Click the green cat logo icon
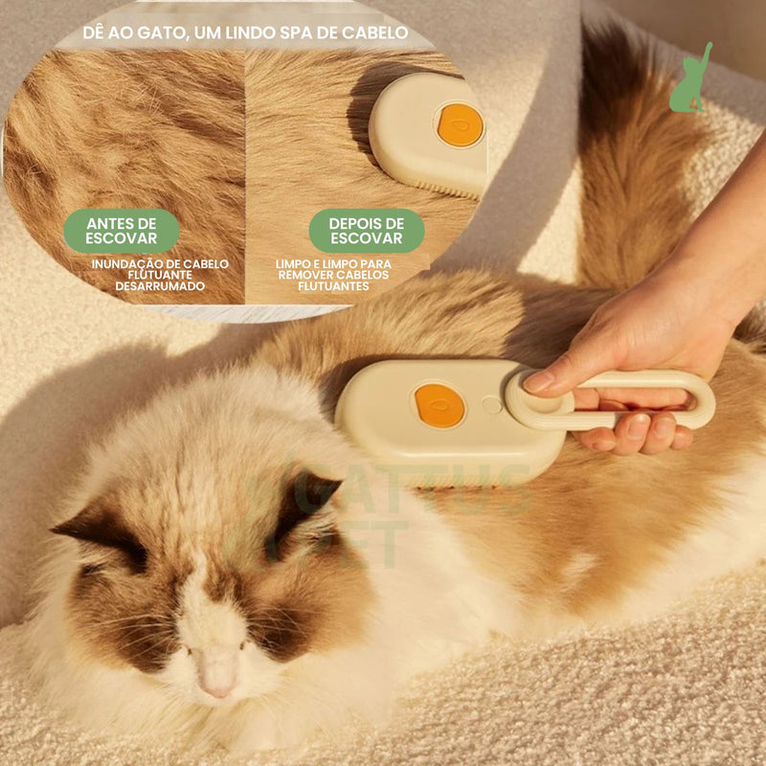(x=690, y=79)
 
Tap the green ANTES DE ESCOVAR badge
(x=122, y=230)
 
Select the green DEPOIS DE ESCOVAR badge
(x=366, y=230)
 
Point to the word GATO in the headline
(x=157, y=34)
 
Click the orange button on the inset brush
(x=461, y=125)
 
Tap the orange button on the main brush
(x=439, y=405)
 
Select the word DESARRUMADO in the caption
(x=160, y=285)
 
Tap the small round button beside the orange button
(x=491, y=405)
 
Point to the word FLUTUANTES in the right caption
(x=332, y=285)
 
